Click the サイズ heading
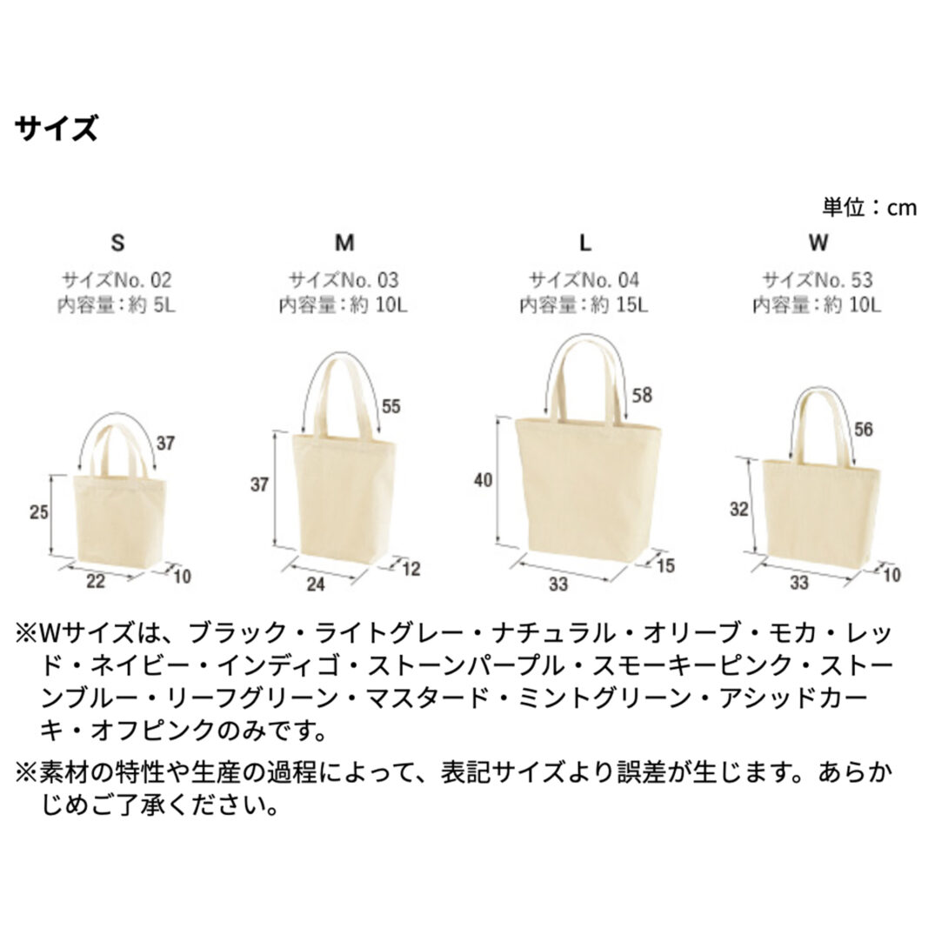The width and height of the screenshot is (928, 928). [57, 129]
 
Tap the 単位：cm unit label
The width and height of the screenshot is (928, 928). [870, 207]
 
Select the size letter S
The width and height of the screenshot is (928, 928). [117, 243]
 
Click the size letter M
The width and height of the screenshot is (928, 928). [344, 243]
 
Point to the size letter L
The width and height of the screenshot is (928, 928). [584, 243]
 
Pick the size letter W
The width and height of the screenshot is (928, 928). [818, 243]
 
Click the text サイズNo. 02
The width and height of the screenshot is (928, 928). [117, 280]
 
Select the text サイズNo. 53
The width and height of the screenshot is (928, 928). [818, 280]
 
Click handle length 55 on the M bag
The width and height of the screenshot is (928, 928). [391, 406]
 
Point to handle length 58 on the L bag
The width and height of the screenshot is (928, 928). [642, 395]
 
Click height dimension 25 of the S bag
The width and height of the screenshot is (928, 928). [39, 512]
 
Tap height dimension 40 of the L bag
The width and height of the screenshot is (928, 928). [483, 480]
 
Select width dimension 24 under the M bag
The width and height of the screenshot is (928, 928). [316, 584]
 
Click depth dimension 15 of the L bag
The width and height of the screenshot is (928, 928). [666, 566]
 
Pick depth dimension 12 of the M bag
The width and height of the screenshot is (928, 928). [411, 570]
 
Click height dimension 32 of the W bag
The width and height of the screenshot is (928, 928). [739, 509]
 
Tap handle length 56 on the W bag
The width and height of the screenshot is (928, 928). [864, 429]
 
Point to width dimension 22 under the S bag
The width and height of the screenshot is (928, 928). [96, 581]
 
